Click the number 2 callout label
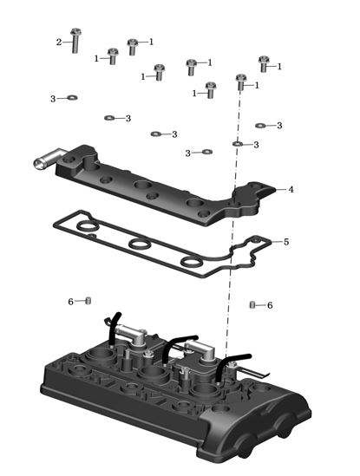[x=59, y=42]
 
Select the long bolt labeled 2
[x=75, y=41]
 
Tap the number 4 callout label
[x=291, y=189]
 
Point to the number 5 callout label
[x=286, y=242]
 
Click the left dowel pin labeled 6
[x=88, y=301]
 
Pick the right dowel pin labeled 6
[x=252, y=304]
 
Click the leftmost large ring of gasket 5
[x=88, y=225]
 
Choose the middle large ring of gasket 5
[x=140, y=243]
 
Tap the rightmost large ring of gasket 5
[x=192, y=261]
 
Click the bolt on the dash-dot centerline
[x=241, y=82]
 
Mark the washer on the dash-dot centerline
[x=238, y=143]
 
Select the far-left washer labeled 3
[x=72, y=97]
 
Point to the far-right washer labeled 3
[x=260, y=125]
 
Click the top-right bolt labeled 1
[x=264, y=64]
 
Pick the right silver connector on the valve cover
[x=202, y=351]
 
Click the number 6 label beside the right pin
[x=270, y=305]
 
